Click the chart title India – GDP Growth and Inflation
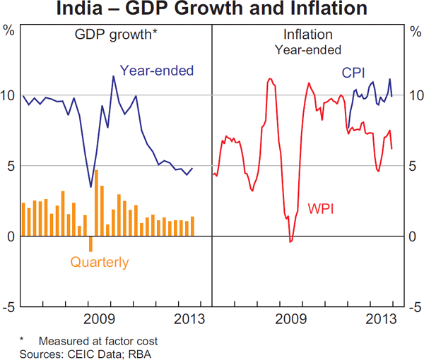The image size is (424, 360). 212,10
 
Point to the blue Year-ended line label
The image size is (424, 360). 156,70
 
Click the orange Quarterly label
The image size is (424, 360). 100,263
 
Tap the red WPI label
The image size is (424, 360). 321,209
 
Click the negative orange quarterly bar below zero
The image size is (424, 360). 90,244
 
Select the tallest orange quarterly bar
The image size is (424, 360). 96,203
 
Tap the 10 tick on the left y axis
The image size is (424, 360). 9,95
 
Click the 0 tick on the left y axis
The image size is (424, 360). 9,236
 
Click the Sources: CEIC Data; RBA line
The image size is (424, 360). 86,353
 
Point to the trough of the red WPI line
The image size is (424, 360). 290,241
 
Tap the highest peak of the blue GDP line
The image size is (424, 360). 113,76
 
